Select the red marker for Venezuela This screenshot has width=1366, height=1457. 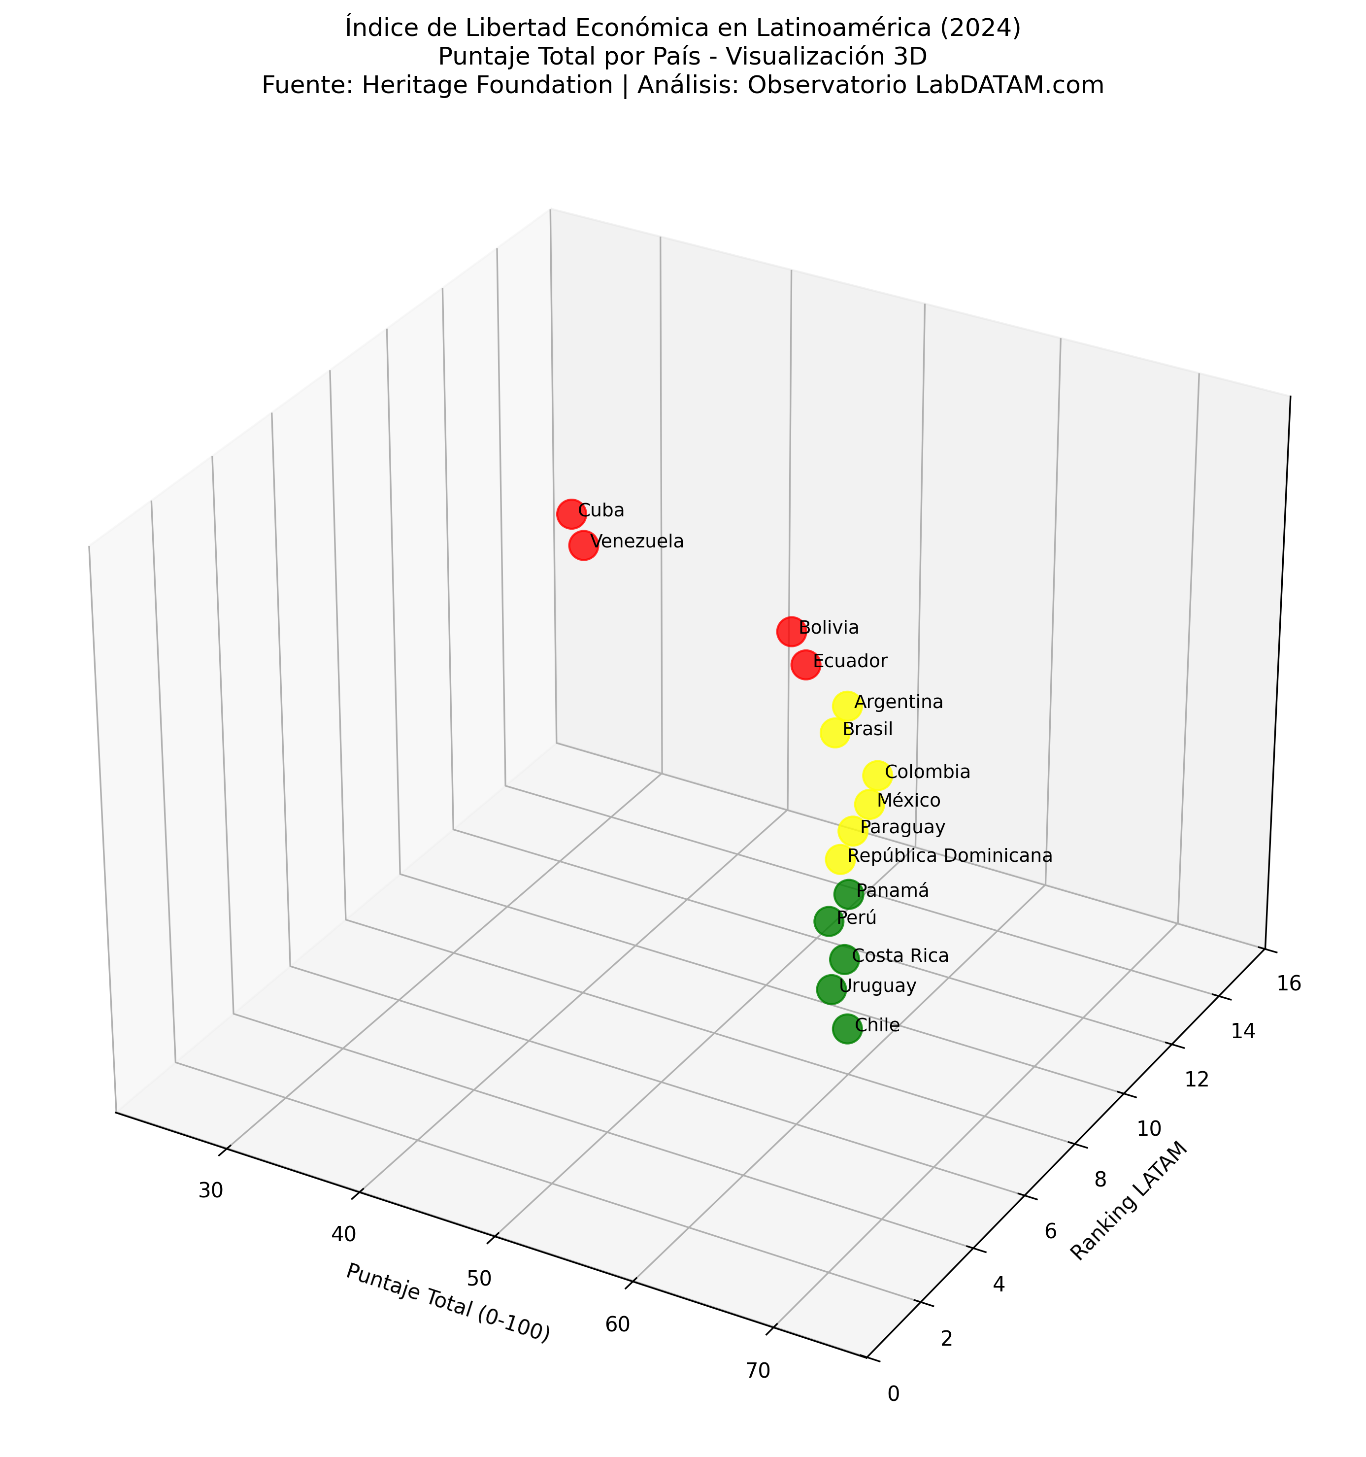pyautogui.click(x=583, y=545)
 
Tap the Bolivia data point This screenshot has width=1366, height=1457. pyautogui.click(x=791, y=631)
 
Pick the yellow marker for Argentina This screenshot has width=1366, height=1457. pyautogui.click(x=847, y=706)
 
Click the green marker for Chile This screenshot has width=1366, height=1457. pyautogui.click(x=847, y=1029)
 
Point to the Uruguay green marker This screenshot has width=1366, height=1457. pyautogui.click(x=831, y=989)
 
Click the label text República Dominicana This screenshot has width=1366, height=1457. pyautogui.click(x=950, y=855)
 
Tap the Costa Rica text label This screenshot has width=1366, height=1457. pyautogui.click(x=900, y=956)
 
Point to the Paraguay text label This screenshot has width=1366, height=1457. pyautogui.click(x=902, y=827)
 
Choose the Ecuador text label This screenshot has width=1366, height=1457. pyautogui.click(x=850, y=661)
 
